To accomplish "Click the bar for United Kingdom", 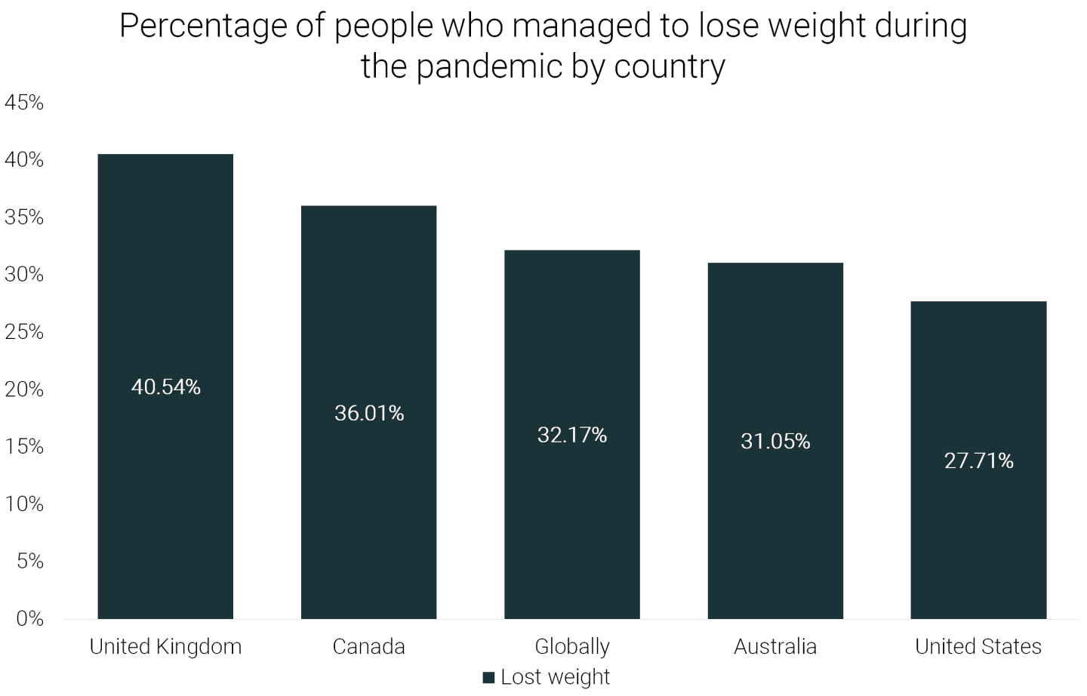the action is coord(165,386).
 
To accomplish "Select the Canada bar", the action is coord(369,412).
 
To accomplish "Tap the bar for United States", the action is coord(978,460).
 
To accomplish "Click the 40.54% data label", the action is coord(165,387).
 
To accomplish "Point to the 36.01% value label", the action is coord(369,414).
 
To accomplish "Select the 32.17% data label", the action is coord(572,435).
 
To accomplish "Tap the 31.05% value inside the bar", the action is coord(775,441).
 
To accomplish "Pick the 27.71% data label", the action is coord(979,460).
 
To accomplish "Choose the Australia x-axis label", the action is coord(775,646).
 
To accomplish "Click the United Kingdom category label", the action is coord(165,647).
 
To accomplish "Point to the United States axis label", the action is coord(978,646).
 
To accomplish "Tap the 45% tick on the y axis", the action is coord(24,103).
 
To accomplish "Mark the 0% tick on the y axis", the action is coord(29,619).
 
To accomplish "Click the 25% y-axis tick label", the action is coord(24,332).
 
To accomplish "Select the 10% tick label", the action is coord(24,504).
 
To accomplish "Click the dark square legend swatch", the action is coord(488,678).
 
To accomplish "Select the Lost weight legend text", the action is coord(555,678).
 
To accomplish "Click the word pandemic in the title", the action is coord(488,67).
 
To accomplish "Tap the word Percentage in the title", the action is coord(203,27).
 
